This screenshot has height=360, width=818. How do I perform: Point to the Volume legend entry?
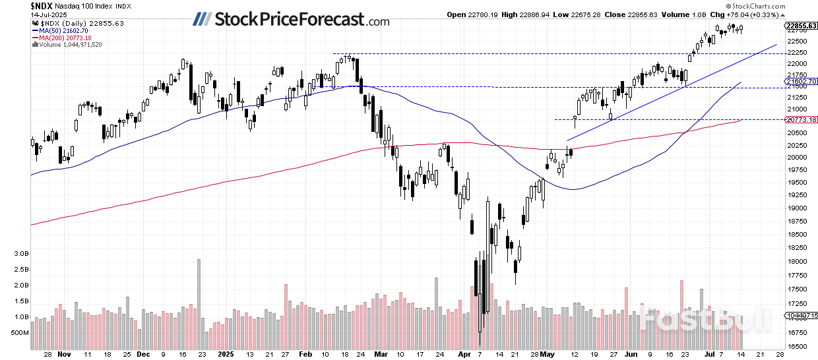pos(69,45)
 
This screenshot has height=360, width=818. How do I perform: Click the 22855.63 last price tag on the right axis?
pos(801,26)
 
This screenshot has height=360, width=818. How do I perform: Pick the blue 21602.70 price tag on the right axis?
pos(801,81)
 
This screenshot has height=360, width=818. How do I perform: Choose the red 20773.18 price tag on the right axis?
pos(801,119)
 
